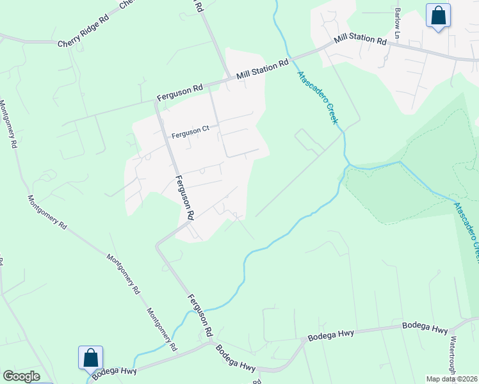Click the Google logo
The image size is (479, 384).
pos(21,376)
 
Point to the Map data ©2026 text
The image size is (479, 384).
pos(451,379)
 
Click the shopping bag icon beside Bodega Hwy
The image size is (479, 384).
pos(90,358)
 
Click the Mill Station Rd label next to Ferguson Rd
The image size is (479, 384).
pos(263,69)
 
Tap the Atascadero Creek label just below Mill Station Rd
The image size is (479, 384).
pos(316,97)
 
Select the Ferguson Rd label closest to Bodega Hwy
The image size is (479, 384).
pos(200,315)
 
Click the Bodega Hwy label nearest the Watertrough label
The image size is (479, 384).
pos(425,327)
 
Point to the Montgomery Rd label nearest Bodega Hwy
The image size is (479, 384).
pos(162,330)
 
